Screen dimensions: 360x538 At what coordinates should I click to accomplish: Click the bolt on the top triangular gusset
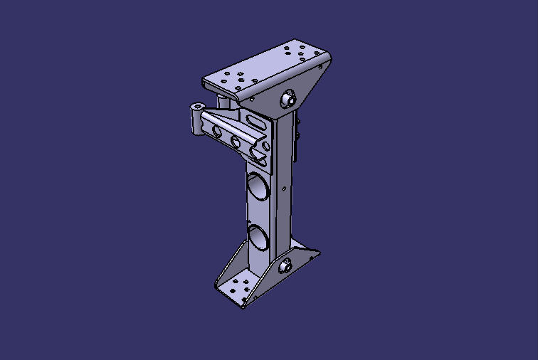click(289, 100)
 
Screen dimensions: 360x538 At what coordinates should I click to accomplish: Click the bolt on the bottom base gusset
click(285, 267)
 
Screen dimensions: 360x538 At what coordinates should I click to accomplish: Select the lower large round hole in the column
click(258, 237)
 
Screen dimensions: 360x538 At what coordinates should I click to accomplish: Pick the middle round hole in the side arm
click(236, 141)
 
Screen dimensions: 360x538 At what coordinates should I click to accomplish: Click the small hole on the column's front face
click(285, 189)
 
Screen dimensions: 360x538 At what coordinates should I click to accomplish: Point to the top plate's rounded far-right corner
click(329, 55)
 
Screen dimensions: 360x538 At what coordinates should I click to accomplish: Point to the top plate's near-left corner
click(206, 81)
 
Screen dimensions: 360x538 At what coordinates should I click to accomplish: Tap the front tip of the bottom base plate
click(243, 306)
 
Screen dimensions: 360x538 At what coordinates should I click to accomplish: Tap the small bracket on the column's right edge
click(299, 132)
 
